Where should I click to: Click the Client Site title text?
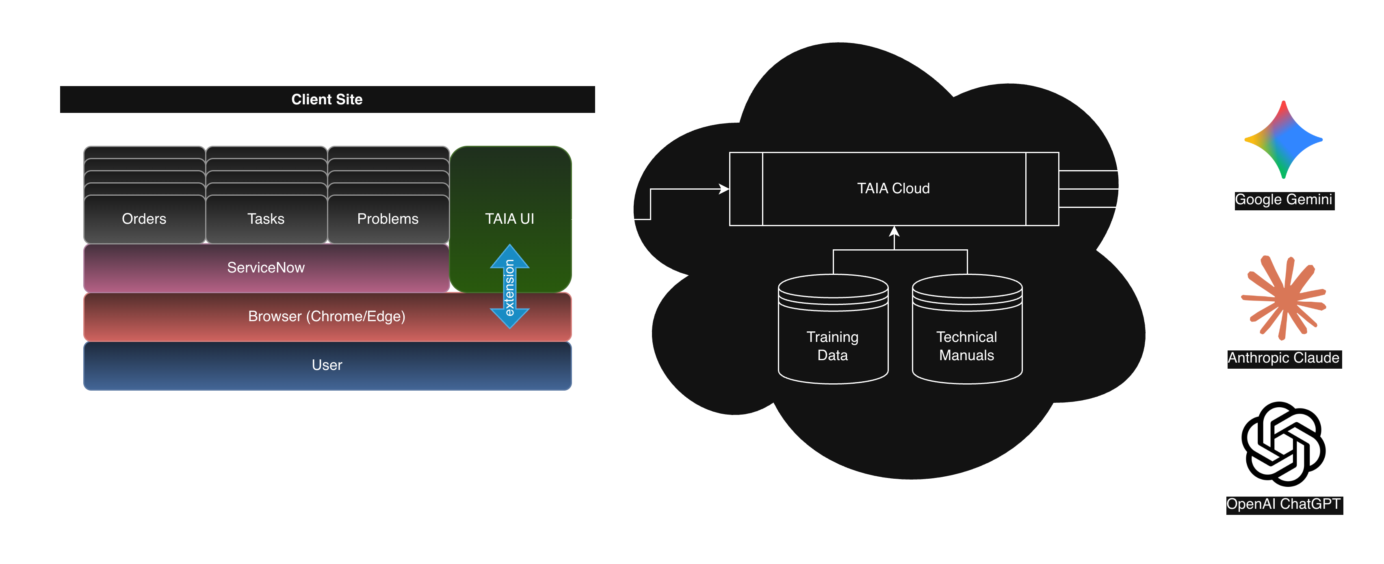pos(327,99)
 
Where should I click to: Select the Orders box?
pos(144,218)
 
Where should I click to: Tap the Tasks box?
pos(266,218)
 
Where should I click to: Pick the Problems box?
pos(388,218)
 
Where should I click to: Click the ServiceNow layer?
pos(266,268)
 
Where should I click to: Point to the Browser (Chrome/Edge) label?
pos(327,316)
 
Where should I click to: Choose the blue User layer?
pos(327,365)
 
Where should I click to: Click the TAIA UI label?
pos(509,218)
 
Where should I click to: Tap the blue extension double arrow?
pos(509,287)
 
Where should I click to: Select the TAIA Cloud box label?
pos(893,188)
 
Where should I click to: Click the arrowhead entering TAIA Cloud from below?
pos(894,231)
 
